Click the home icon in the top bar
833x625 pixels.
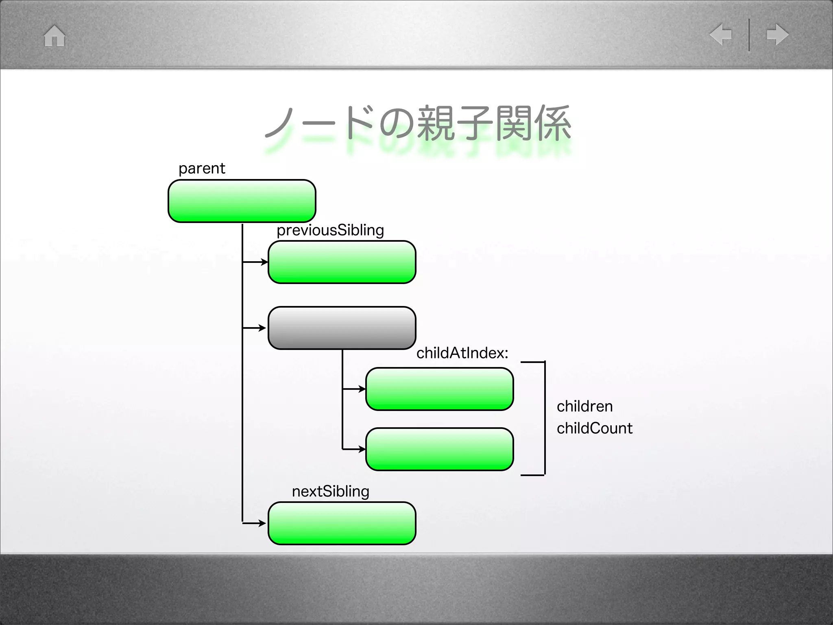[x=55, y=36]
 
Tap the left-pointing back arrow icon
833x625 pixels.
[x=721, y=34]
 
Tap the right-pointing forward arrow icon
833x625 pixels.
[x=777, y=35]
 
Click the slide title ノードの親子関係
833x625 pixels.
[x=418, y=124]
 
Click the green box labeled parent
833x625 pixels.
[x=242, y=201]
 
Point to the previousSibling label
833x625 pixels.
[x=330, y=230]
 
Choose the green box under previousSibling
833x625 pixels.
[x=342, y=262]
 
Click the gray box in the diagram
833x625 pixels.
[x=342, y=328]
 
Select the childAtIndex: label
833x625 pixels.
[x=462, y=353]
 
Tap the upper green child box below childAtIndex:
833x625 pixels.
[x=439, y=389]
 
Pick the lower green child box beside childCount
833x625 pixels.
[x=439, y=449]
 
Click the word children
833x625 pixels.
[x=584, y=406]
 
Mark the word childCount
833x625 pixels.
[x=594, y=428]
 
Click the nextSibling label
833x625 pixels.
[x=330, y=492]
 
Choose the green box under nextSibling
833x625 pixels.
[x=342, y=523]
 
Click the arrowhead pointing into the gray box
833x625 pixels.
[x=263, y=328]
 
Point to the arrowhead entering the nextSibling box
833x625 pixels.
[x=263, y=523]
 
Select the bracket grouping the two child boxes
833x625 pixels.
[x=544, y=418]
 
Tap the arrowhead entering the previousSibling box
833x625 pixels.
[x=264, y=262]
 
